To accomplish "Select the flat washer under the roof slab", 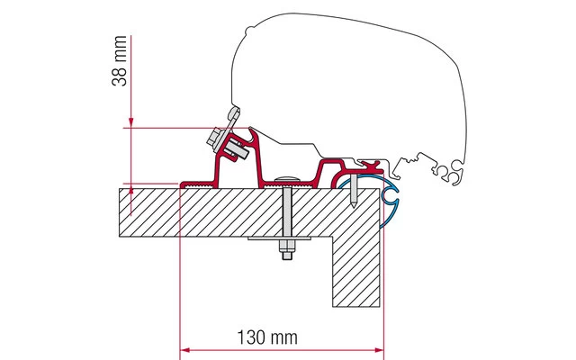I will pyautogui.click(x=285, y=241).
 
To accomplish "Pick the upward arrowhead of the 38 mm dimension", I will pyautogui.click(x=131, y=190).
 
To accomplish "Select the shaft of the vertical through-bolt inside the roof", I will pyautogui.click(x=285, y=211).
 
